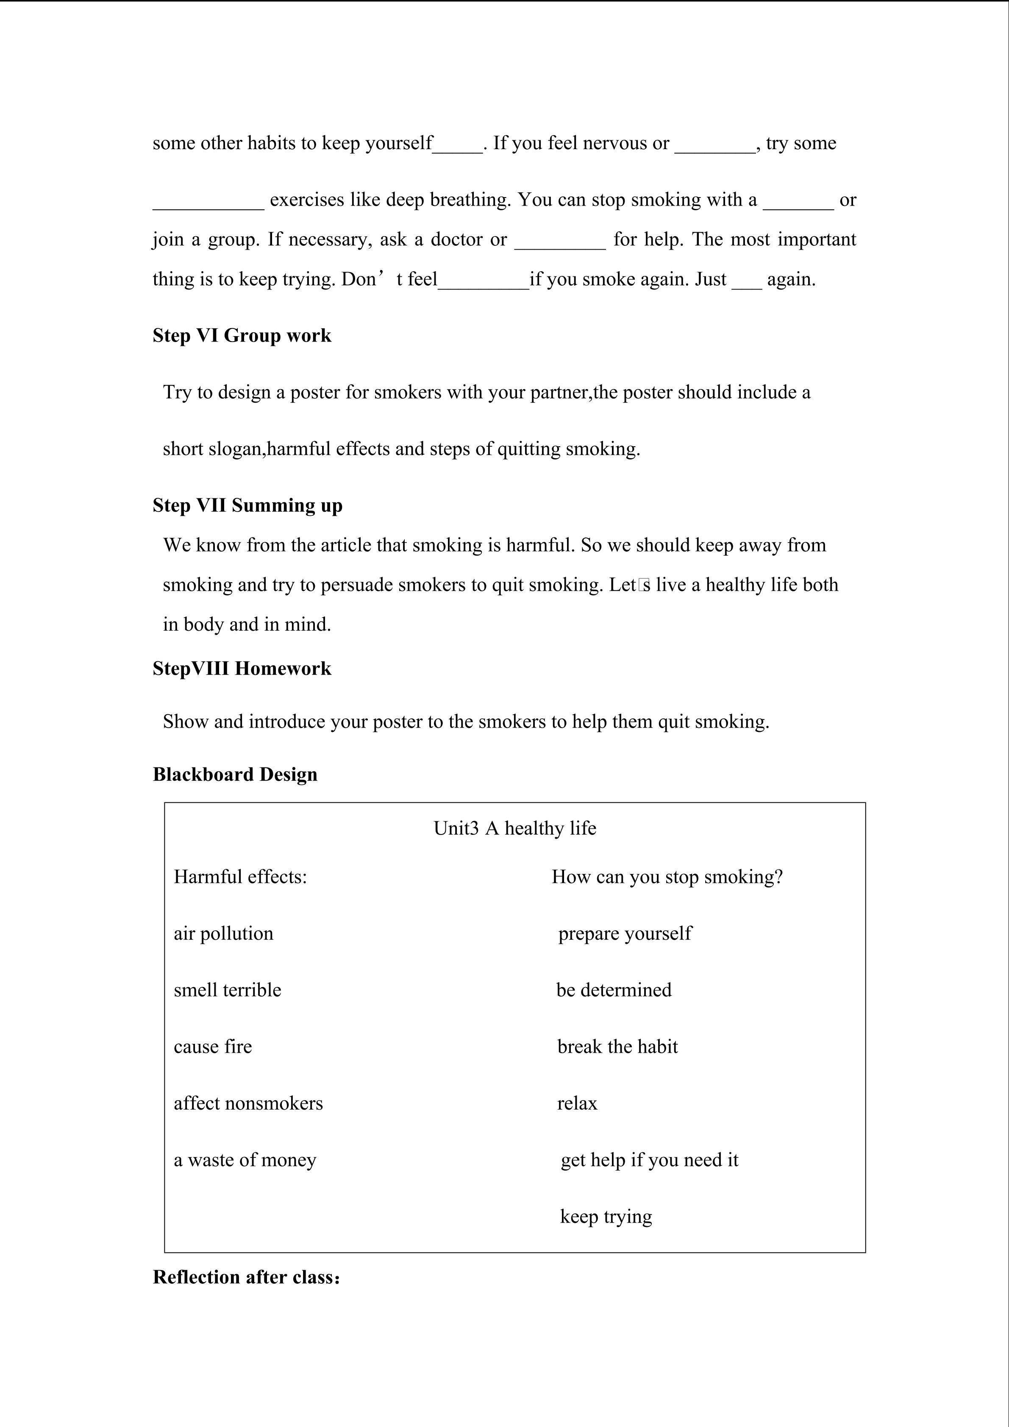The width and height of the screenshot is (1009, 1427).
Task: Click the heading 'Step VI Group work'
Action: click(242, 336)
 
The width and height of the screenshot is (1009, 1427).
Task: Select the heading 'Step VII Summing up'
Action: click(247, 505)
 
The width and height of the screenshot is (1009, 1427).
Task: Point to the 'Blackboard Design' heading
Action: click(235, 774)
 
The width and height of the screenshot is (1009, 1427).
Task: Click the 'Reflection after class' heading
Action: click(246, 1277)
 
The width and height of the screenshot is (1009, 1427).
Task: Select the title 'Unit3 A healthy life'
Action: click(514, 829)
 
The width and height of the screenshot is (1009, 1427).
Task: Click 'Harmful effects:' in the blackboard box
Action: click(240, 877)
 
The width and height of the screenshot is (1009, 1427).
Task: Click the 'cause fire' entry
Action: click(212, 1047)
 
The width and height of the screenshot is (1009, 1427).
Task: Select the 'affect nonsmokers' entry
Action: click(248, 1103)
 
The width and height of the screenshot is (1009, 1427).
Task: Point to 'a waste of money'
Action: click(245, 1160)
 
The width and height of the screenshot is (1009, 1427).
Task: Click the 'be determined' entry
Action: click(614, 990)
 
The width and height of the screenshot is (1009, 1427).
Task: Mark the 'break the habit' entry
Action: click(617, 1047)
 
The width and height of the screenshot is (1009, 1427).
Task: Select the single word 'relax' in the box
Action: click(577, 1103)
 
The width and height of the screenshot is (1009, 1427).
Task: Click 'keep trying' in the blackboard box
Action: click(606, 1216)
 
